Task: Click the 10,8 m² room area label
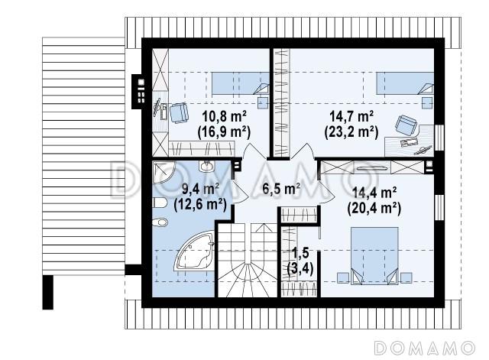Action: point(225,117)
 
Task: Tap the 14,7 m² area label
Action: point(351,117)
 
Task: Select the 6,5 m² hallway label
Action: point(281,189)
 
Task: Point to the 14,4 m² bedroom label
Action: point(374,193)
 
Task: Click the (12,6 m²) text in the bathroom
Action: point(200,205)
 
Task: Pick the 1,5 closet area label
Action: point(300,253)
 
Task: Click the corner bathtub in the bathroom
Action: point(194,251)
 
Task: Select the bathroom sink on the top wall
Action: point(207,166)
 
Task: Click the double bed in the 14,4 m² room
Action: point(374,256)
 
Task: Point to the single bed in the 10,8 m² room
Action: point(241,83)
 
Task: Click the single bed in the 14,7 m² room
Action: point(405,83)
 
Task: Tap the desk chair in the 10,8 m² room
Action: point(179,113)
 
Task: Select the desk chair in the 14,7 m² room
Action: point(406,125)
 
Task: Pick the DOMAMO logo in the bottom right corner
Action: point(425,348)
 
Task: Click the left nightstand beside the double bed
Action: point(343,277)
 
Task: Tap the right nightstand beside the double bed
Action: point(406,277)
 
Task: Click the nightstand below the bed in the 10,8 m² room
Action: point(263,102)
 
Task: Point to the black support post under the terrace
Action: point(47,292)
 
